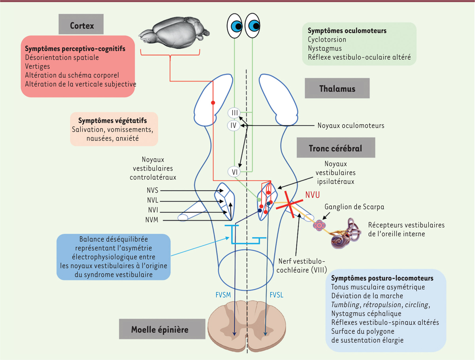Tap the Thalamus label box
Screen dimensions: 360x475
(x=337, y=89)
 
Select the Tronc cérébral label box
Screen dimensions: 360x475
(x=336, y=148)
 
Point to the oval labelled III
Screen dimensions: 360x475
(x=234, y=113)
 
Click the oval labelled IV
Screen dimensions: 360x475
(x=234, y=126)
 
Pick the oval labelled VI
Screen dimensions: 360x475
(x=234, y=172)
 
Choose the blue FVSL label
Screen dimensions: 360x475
(x=277, y=295)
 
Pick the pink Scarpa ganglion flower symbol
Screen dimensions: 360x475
(x=319, y=225)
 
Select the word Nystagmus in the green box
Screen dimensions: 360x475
(x=325, y=48)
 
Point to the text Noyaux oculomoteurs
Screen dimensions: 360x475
(x=351, y=126)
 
